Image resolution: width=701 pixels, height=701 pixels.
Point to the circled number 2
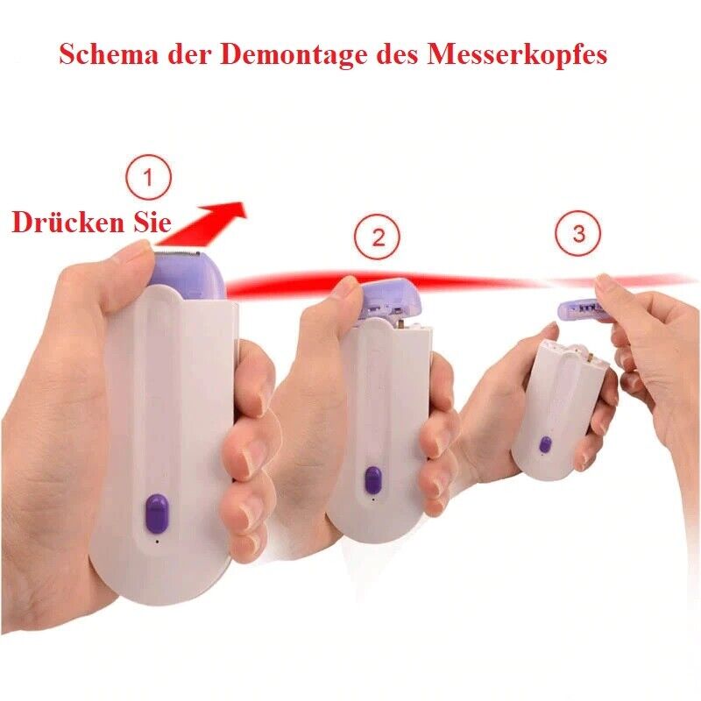click(x=378, y=237)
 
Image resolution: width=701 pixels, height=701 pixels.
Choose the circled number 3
click(x=578, y=234)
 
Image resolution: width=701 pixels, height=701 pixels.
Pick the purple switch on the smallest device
click(x=545, y=445)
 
